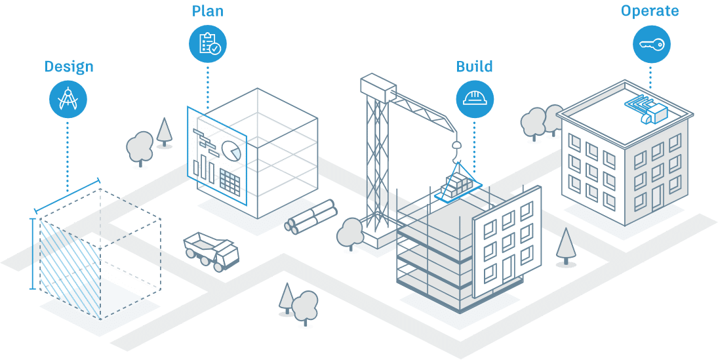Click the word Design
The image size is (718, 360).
69,67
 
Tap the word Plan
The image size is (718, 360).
208,11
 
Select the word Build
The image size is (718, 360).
474,66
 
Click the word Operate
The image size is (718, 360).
650,11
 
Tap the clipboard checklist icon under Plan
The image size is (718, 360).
208,43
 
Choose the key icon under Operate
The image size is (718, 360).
652,44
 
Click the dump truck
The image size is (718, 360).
212,250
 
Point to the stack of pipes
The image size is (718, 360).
311,216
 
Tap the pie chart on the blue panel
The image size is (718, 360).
231,150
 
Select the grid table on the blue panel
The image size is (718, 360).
230,180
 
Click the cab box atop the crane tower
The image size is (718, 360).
378,87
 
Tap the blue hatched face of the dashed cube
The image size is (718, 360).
70,268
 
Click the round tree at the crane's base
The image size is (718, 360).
350,233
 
